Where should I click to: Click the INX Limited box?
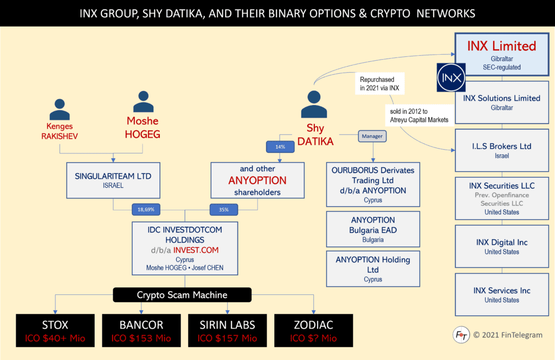point(501,54)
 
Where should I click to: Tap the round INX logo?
point(451,78)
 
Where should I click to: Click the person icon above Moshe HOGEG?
point(143,102)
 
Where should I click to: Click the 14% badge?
point(279,147)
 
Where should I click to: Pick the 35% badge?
point(223,209)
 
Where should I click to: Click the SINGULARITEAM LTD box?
point(113,179)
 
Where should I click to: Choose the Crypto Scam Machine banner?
point(182,295)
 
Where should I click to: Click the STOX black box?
point(55,330)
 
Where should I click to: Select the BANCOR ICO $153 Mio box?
point(141,330)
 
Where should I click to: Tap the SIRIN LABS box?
point(227,330)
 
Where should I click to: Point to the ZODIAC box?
point(314,330)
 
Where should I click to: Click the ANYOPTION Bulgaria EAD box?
point(373,229)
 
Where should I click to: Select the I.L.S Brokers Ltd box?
point(501,150)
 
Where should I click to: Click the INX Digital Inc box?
point(501,246)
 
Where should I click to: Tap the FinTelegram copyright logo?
point(461,335)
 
